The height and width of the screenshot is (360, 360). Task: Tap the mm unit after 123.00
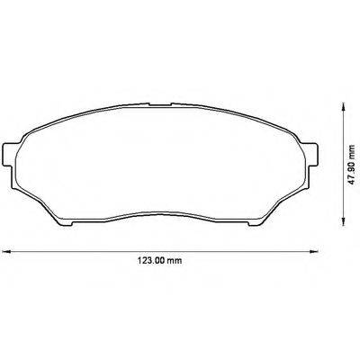[175, 262]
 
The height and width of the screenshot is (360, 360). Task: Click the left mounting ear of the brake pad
[12, 151]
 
